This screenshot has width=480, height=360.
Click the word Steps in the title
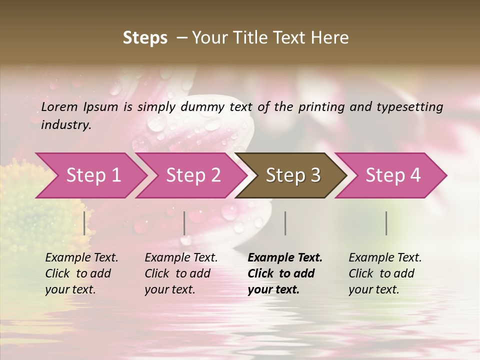145,38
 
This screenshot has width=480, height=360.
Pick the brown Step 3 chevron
293,175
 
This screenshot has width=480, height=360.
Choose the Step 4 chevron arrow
393,175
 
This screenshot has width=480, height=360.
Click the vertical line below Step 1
84,223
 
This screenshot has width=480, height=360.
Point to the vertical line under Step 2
184,223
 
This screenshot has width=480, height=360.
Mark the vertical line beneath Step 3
285,223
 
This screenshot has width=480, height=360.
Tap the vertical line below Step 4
386,223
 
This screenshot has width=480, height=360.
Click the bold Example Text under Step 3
285,258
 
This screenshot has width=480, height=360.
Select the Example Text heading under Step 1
81,258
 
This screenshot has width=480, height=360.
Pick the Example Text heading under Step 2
181,258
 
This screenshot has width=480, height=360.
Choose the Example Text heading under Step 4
385,258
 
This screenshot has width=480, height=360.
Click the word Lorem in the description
59,107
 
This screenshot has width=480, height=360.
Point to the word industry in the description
65,125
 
